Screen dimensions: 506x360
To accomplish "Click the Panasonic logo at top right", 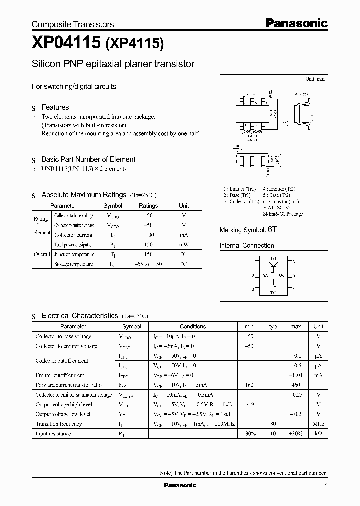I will [296, 23].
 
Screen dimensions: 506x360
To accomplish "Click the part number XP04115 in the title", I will [66, 44].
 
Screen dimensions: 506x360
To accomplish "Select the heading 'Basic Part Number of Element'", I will [88, 159].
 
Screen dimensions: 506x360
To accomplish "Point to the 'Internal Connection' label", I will [247, 246].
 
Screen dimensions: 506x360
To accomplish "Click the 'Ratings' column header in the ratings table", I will [148, 206].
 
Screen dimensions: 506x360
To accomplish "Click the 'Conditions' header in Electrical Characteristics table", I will [193, 326].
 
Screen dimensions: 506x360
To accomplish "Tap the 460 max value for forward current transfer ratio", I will [295, 385].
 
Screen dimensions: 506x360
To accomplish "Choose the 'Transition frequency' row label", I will [59, 424].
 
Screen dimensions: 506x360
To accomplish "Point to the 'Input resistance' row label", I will [53, 434].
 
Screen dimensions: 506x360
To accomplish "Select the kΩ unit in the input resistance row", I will [318, 434].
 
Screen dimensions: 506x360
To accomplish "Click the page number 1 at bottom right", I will [326, 486].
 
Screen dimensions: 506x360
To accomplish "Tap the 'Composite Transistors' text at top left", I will [73, 24].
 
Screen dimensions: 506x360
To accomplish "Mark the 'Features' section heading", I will [55, 107].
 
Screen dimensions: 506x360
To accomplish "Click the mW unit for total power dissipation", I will [184, 245].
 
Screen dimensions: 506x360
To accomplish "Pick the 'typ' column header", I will [273, 326].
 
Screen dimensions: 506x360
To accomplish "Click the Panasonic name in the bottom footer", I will [181, 485].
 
